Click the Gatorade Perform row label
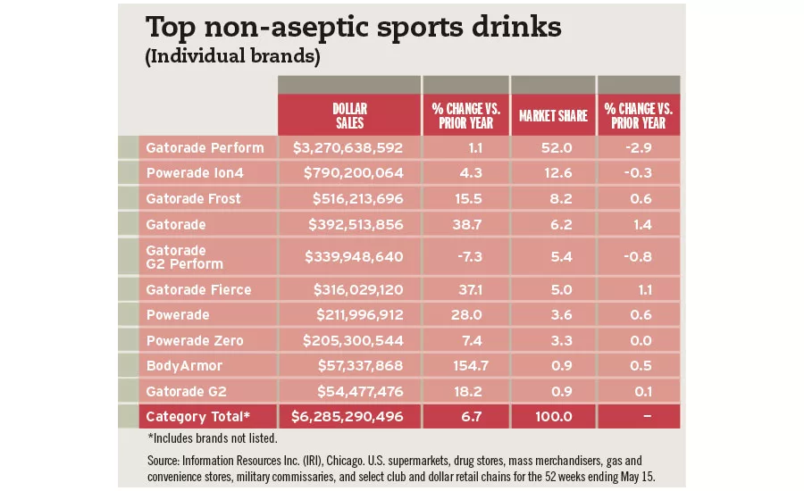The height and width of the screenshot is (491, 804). [205, 147]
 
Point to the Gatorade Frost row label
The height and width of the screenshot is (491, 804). [194, 198]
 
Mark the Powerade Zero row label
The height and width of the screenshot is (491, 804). [194, 340]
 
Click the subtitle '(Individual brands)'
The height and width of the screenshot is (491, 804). [231, 56]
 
